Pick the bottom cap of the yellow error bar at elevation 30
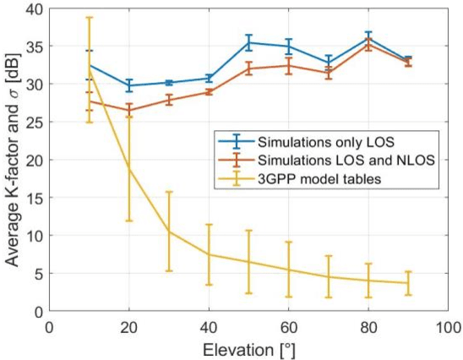coord(169,271)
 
